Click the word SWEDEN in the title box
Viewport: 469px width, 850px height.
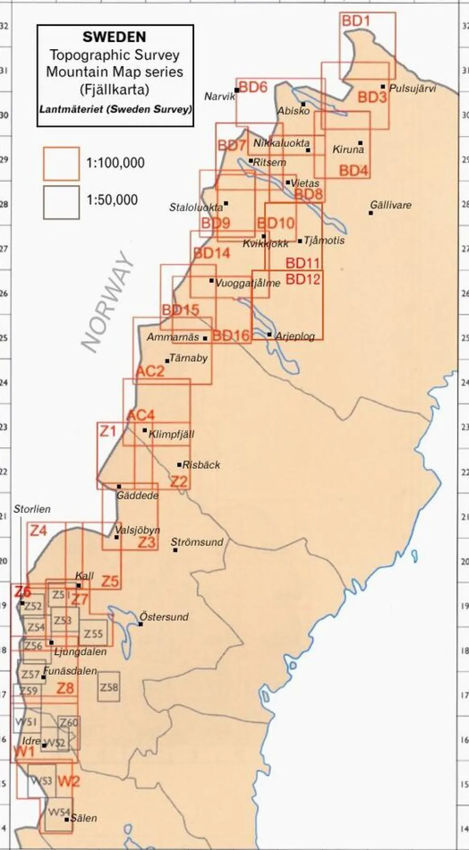tap(114, 37)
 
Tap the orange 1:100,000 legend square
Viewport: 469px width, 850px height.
tap(61, 164)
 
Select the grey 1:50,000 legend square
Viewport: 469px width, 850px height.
tap(61, 202)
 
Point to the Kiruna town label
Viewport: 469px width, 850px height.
tap(348, 150)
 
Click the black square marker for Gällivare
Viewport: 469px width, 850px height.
tap(371, 213)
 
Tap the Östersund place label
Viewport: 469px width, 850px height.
tap(165, 617)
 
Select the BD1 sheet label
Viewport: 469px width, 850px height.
tap(356, 21)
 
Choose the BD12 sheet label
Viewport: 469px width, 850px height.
tap(303, 279)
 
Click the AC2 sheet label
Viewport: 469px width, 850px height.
tap(150, 371)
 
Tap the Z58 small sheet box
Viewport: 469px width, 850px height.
tap(109, 688)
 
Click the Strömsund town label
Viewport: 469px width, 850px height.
tap(197, 542)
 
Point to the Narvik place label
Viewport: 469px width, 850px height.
tap(219, 97)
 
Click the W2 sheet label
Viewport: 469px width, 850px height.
tap(68, 782)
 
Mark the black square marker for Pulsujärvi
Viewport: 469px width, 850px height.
tap(383, 87)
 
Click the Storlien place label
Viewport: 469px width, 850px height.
tap(32, 509)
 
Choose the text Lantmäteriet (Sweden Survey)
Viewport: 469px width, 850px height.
tap(115, 110)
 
